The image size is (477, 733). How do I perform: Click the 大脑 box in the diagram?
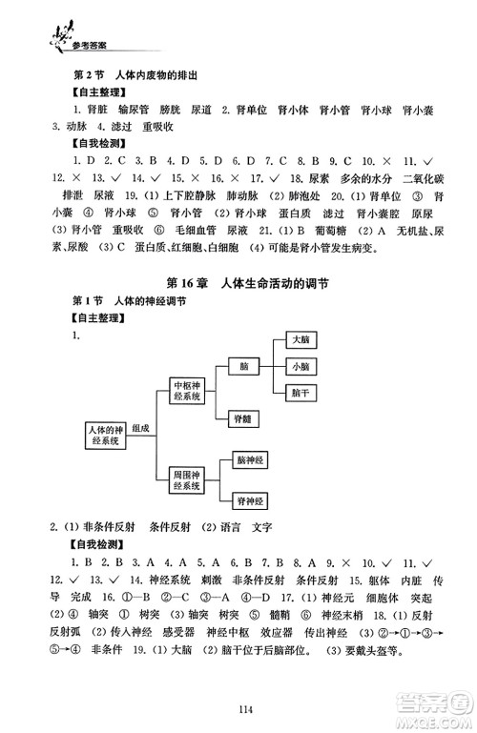[300, 338]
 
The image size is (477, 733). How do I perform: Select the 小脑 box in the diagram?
[300, 365]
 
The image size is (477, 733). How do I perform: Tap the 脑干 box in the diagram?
[300, 392]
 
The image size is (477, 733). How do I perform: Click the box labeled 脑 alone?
[244, 365]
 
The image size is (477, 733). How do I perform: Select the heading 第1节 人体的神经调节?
[128, 300]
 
